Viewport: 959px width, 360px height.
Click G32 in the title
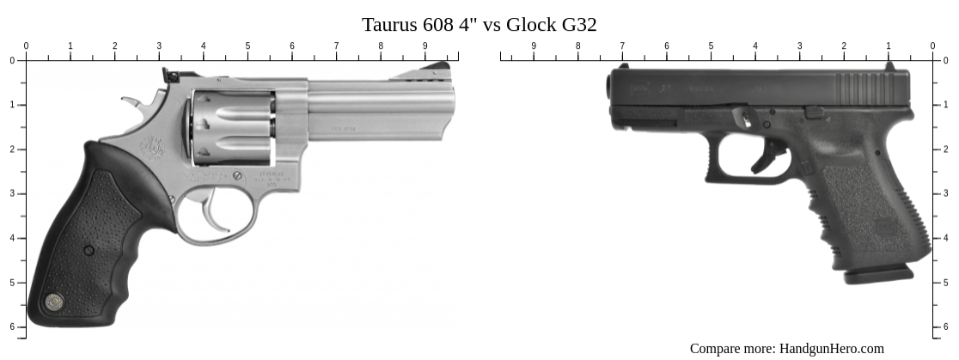point(579,24)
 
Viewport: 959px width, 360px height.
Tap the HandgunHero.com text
point(831,348)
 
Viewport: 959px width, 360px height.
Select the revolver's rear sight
point(170,75)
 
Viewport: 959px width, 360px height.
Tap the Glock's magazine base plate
point(878,276)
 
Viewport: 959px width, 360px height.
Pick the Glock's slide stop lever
point(814,111)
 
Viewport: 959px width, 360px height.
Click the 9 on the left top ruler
point(425,46)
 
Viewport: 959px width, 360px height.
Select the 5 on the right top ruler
point(711,46)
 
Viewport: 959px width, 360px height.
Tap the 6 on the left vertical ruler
point(12,326)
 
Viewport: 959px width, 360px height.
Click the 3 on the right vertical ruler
point(946,194)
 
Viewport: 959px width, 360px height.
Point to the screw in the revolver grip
point(89,250)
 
